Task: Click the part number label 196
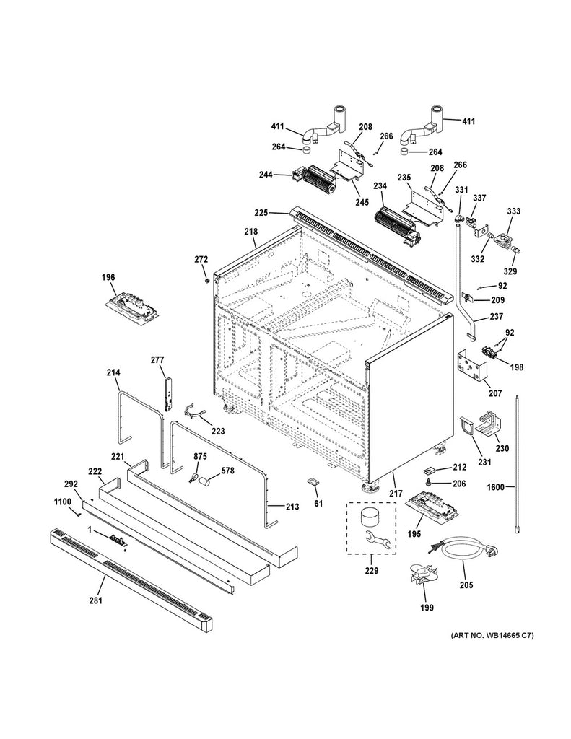click(128, 276)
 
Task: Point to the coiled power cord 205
click(464, 553)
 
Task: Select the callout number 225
click(261, 213)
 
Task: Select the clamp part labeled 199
click(424, 576)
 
